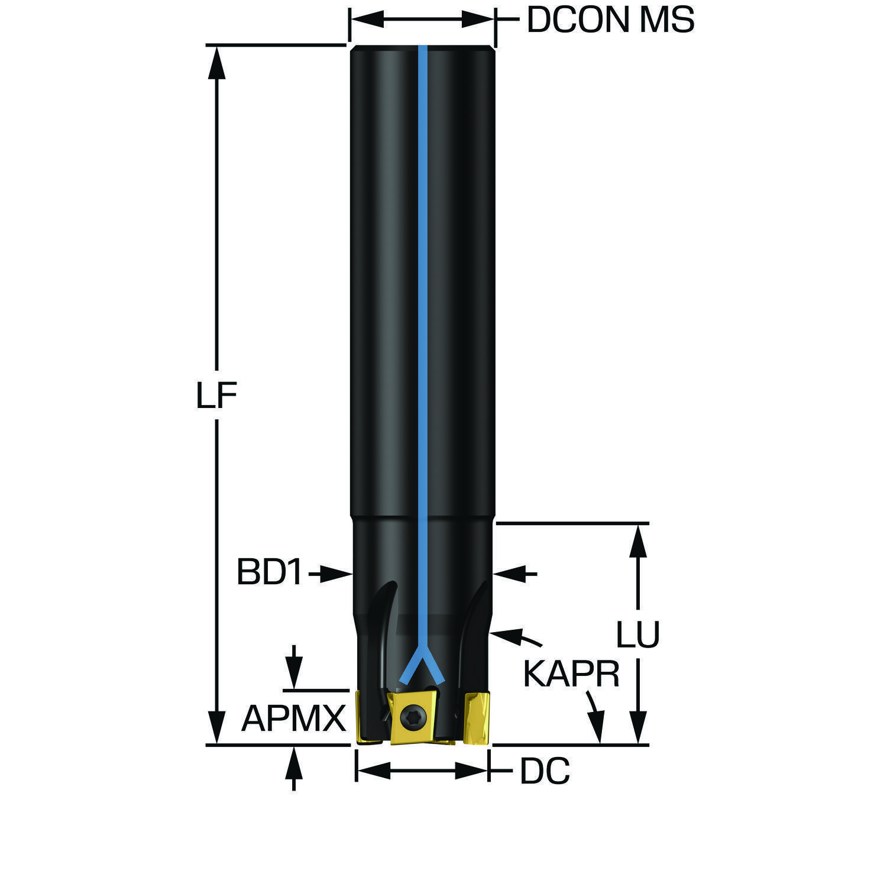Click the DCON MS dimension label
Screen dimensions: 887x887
610,20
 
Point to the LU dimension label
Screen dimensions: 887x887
637,635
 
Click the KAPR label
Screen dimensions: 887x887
571,674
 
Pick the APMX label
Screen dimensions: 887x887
293,718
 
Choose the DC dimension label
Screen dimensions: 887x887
545,771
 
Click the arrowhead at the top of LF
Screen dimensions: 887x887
217,61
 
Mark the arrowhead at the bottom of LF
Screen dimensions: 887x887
217,728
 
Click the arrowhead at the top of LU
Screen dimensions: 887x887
637,540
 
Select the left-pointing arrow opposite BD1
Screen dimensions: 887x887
515,573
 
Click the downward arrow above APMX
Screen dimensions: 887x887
293,667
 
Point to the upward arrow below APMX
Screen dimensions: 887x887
293,768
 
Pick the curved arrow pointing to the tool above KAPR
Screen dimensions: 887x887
516,637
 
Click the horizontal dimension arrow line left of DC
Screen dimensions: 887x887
423,770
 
